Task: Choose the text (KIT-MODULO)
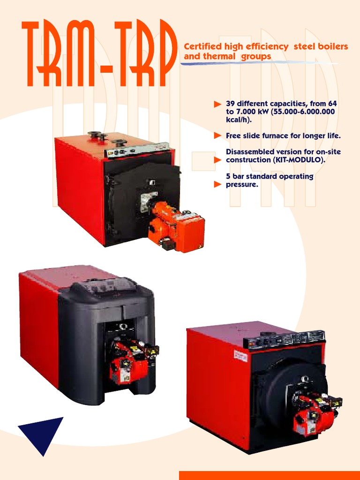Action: coord(300,160)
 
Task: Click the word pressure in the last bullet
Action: coord(241,185)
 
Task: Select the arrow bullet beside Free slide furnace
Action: coord(217,135)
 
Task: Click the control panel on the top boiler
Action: coord(136,150)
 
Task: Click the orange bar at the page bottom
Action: coord(269,475)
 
